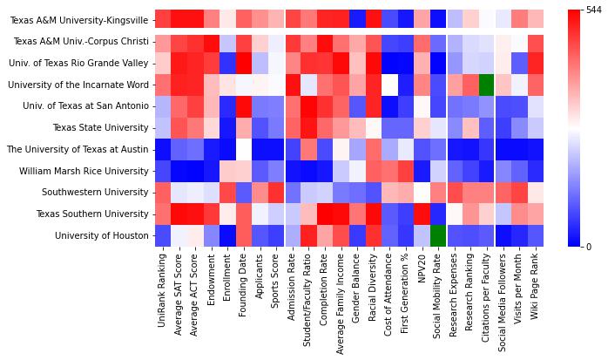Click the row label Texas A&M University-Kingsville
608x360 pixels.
pyautogui.click(x=78, y=19)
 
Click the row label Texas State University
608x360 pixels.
pyautogui.click(x=103, y=127)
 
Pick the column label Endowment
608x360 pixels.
pyautogui.click(x=212, y=278)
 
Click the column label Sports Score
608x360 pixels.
pyautogui.click(x=277, y=283)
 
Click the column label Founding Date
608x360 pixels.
pyautogui.click(x=244, y=285)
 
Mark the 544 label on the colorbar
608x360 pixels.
pyautogui.click(x=594, y=10)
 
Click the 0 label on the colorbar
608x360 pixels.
pyautogui.click(x=589, y=247)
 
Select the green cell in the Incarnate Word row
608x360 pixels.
pyautogui.click(x=487, y=85)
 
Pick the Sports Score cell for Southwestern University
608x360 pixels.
pyautogui.click(x=276, y=192)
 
